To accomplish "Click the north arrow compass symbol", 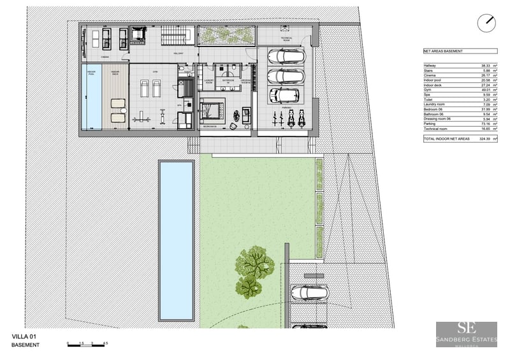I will point(486,22).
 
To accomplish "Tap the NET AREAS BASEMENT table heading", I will point(442,51).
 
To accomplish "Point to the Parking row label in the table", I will point(430,123).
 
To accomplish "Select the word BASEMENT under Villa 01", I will point(25,345).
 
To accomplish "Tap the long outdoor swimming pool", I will point(176,240).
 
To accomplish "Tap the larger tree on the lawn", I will point(255,262).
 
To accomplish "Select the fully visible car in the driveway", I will point(309,292).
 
